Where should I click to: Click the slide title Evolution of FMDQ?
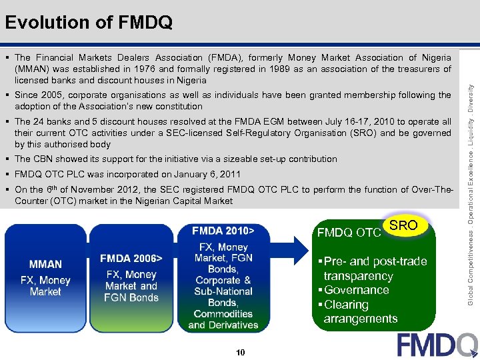coord(89,23)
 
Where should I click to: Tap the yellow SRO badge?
coord(403,225)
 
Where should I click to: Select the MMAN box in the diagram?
coord(45,265)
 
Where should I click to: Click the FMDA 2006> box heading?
coord(131,258)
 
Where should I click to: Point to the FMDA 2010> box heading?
coord(223,231)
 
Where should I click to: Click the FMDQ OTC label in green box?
coord(349,233)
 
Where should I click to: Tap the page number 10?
coord(240,351)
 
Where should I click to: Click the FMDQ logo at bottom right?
coord(437,345)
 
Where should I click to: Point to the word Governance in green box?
coord(357,290)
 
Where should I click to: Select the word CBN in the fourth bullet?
coord(44,159)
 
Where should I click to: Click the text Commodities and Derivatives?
coord(223,319)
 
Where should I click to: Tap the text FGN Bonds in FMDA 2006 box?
coord(131,297)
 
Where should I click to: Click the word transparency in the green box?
coord(358,276)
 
